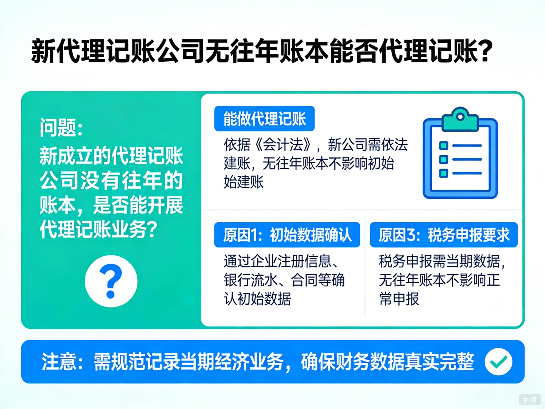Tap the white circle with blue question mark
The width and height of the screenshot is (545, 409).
[x=111, y=281]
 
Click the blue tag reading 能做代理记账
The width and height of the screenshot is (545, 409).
[x=264, y=119]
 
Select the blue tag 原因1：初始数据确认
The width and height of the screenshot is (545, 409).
[x=287, y=235]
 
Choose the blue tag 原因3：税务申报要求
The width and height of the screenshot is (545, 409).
[x=444, y=235]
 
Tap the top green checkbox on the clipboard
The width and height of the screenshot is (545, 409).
[x=444, y=146]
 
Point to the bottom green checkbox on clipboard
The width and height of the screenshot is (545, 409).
[x=444, y=173]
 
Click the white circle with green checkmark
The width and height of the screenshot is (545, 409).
[x=498, y=362]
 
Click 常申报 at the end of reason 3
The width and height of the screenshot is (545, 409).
[x=399, y=299]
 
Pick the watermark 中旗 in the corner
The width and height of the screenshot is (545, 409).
[x=529, y=400]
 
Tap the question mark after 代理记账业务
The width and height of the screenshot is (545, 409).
[x=151, y=229]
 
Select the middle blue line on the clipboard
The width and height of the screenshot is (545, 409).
[x=467, y=159]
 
